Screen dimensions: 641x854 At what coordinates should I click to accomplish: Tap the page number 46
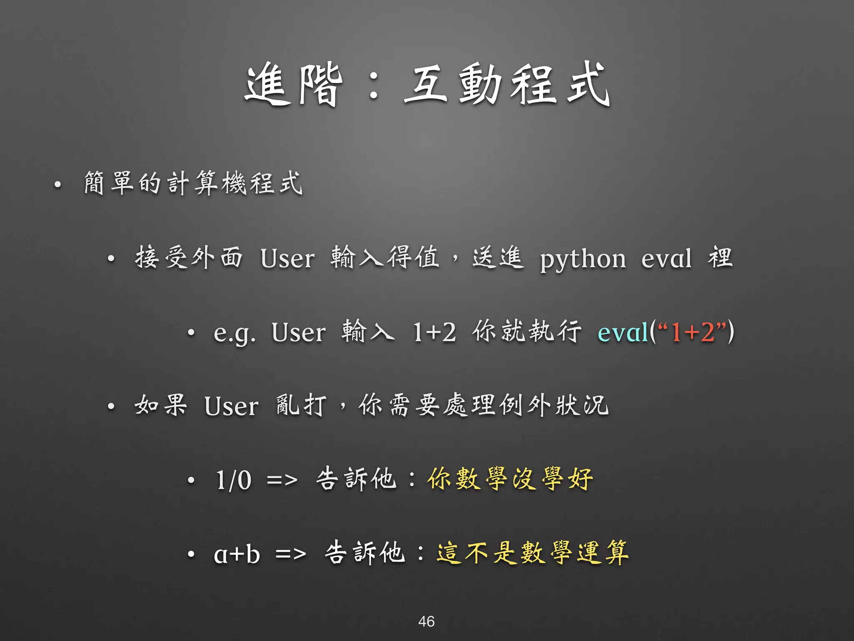(426, 621)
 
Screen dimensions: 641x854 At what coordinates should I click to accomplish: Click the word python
(583, 260)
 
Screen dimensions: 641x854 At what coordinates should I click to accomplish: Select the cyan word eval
(623, 333)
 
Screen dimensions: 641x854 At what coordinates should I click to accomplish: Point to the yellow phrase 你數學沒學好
(510, 479)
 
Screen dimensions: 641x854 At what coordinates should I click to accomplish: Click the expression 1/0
(234, 480)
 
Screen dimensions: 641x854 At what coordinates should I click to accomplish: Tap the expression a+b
(237, 554)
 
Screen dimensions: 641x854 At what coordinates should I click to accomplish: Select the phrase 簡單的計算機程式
(193, 183)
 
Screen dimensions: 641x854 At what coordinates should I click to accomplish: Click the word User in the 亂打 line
(231, 406)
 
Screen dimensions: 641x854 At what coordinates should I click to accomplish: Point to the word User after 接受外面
(287, 258)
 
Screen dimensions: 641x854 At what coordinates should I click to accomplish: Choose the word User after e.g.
(299, 333)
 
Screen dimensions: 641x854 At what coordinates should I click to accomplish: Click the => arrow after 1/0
(282, 480)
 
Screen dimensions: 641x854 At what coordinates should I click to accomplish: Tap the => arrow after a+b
(291, 554)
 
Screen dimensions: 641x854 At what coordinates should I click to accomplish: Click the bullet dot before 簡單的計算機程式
(58, 184)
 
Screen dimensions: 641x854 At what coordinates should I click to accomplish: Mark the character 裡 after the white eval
(720, 257)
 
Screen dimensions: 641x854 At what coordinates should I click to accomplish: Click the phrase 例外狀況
(555, 405)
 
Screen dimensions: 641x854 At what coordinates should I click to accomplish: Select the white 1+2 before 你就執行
(435, 333)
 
